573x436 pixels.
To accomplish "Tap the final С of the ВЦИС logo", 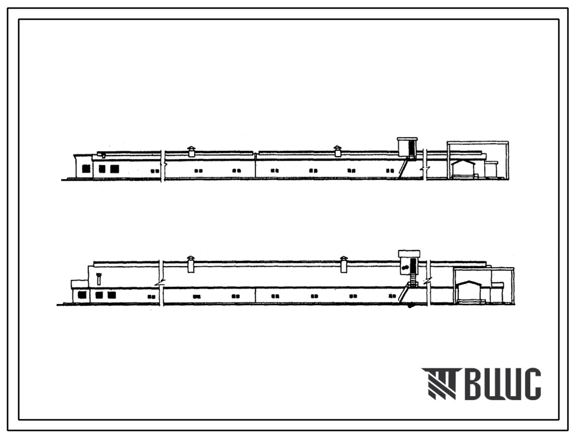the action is (x=532, y=383).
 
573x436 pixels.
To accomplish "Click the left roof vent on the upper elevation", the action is (x=192, y=151).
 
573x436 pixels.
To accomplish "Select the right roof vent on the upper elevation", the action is (x=338, y=151).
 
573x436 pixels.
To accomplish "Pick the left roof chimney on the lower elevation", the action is (x=190, y=264).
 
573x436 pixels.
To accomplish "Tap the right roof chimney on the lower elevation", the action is (x=344, y=264).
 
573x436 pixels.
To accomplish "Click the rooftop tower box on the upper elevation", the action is (x=407, y=148).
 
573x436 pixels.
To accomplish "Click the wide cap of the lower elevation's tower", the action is (x=409, y=254).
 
